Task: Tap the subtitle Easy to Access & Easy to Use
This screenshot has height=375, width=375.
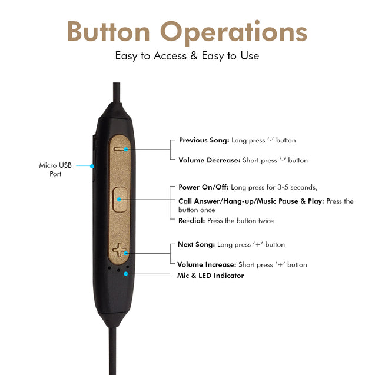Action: coord(187,56)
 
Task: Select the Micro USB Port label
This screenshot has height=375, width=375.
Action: coord(55,170)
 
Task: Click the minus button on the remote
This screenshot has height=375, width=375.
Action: coord(120,149)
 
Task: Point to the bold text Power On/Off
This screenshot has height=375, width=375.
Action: coord(204,187)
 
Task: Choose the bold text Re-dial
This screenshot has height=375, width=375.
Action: coord(191,221)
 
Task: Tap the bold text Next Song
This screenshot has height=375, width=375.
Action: coord(196,244)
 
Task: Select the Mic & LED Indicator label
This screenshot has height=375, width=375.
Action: coord(210,276)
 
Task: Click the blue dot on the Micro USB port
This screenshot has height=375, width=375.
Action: coord(92,166)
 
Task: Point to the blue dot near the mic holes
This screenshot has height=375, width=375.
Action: coord(126,273)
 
